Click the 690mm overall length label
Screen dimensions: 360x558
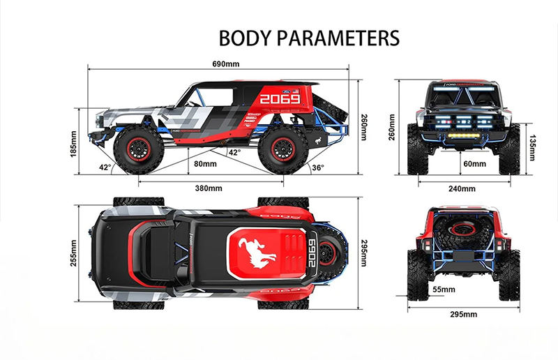(x=225, y=64)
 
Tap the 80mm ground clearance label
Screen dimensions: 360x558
(x=204, y=164)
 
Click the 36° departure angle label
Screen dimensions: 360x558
(x=317, y=167)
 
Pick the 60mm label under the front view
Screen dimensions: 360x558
(x=474, y=164)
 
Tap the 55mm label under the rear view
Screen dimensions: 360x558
(x=444, y=289)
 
